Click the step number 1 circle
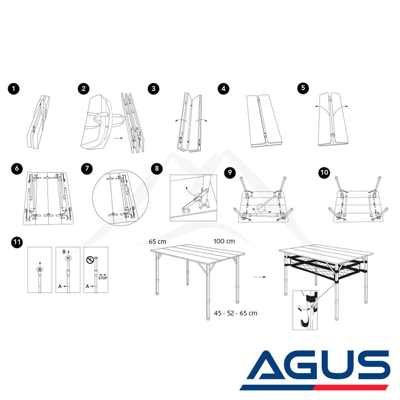tap(14, 89)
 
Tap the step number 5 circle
tap(303, 88)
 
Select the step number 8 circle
tap(157, 168)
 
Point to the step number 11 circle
tap(17, 242)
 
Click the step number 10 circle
tap(324, 173)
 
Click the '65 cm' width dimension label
tap(157, 242)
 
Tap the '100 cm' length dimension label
tap(224, 241)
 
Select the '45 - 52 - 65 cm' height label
tap(236, 313)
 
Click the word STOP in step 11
tap(103, 278)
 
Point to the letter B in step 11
tap(64, 252)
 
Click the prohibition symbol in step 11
tap(90, 260)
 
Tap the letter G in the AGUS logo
tap(301, 365)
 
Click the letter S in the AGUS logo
tap(374, 365)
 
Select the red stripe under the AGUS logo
tap(351, 388)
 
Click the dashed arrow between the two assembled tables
tap(260, 277)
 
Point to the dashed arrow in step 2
tap(118, 138)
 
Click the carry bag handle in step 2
tap(102, 117)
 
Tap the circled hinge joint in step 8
tap(198, 197)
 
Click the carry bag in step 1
tap(38, 122)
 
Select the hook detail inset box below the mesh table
tap(305, 310)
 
